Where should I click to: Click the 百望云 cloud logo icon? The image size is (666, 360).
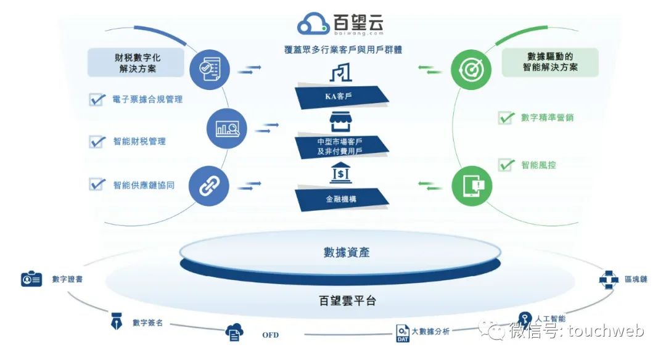[x=314, y=23]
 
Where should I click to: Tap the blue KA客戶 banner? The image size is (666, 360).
[x=342, y=96]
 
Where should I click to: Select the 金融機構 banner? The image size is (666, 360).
[x=342, y=198]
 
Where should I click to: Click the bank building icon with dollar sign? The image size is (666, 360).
[x=341, y=175]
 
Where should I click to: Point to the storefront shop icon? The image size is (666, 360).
[x=341, y=121]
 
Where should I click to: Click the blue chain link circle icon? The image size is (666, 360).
[x=209, y=185]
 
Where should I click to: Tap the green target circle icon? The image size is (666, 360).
[x=470, y=68]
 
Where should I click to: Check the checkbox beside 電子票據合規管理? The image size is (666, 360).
[x=97, y=99]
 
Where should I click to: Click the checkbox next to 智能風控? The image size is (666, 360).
[x=506, y=165]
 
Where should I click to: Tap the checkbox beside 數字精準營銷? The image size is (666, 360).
[x=506, y=117]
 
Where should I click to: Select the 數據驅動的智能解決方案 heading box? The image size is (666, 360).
[x=550, y=62]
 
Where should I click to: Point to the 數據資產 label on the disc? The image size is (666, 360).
[x=347, y=252]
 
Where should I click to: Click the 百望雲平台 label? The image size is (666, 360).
[x=347, y=301]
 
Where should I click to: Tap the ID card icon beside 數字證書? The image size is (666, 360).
[x=31, y=279]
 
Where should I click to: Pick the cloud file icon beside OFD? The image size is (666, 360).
[x=234, y=332]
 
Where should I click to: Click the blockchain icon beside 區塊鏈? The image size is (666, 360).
[x=609, y=279]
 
